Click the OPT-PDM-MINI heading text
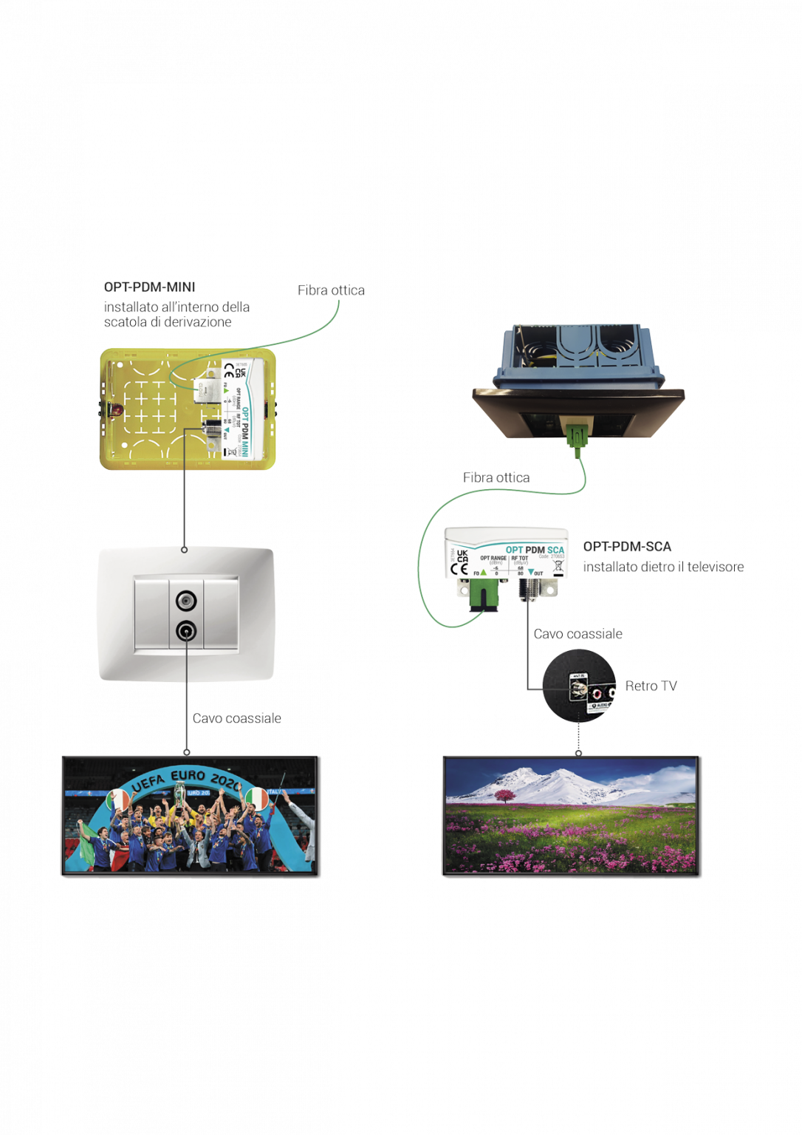tap(150, 287)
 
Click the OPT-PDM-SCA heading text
tap(627, 547)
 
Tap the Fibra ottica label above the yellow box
tap(331, 290)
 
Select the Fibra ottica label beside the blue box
tap(496, 477)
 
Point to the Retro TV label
tap(651, 686)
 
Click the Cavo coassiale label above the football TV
tap(236, 718)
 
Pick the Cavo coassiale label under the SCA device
tap(577, 634)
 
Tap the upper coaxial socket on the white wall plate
tap(186, 601)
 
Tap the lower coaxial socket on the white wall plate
tap(186, 631)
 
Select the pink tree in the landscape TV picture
tap(506, 796)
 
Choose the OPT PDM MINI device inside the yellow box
tap(237, 411)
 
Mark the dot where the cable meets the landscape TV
tap(579, 752)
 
